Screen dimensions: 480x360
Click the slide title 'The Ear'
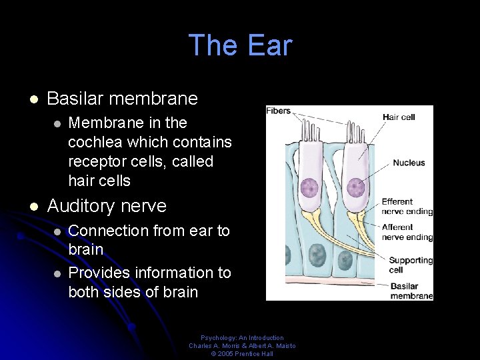(240, 45)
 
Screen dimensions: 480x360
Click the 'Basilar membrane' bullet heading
(123, 99)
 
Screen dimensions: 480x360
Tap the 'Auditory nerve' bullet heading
(107, 206)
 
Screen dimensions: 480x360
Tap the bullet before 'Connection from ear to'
(57, 231)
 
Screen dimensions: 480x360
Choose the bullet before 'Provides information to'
(57, 273)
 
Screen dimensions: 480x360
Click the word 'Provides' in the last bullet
(99, 273)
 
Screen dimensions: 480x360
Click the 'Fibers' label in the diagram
(279, 111)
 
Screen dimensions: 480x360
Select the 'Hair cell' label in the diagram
(399, 117)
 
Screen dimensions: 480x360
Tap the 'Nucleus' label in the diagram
(409, 163)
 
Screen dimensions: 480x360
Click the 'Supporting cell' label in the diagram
(411, 265)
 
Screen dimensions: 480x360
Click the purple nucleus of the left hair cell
(309, 187)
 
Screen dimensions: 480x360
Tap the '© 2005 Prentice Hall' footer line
(242, 353)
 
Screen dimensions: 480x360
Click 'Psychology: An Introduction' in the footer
(242, 338)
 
